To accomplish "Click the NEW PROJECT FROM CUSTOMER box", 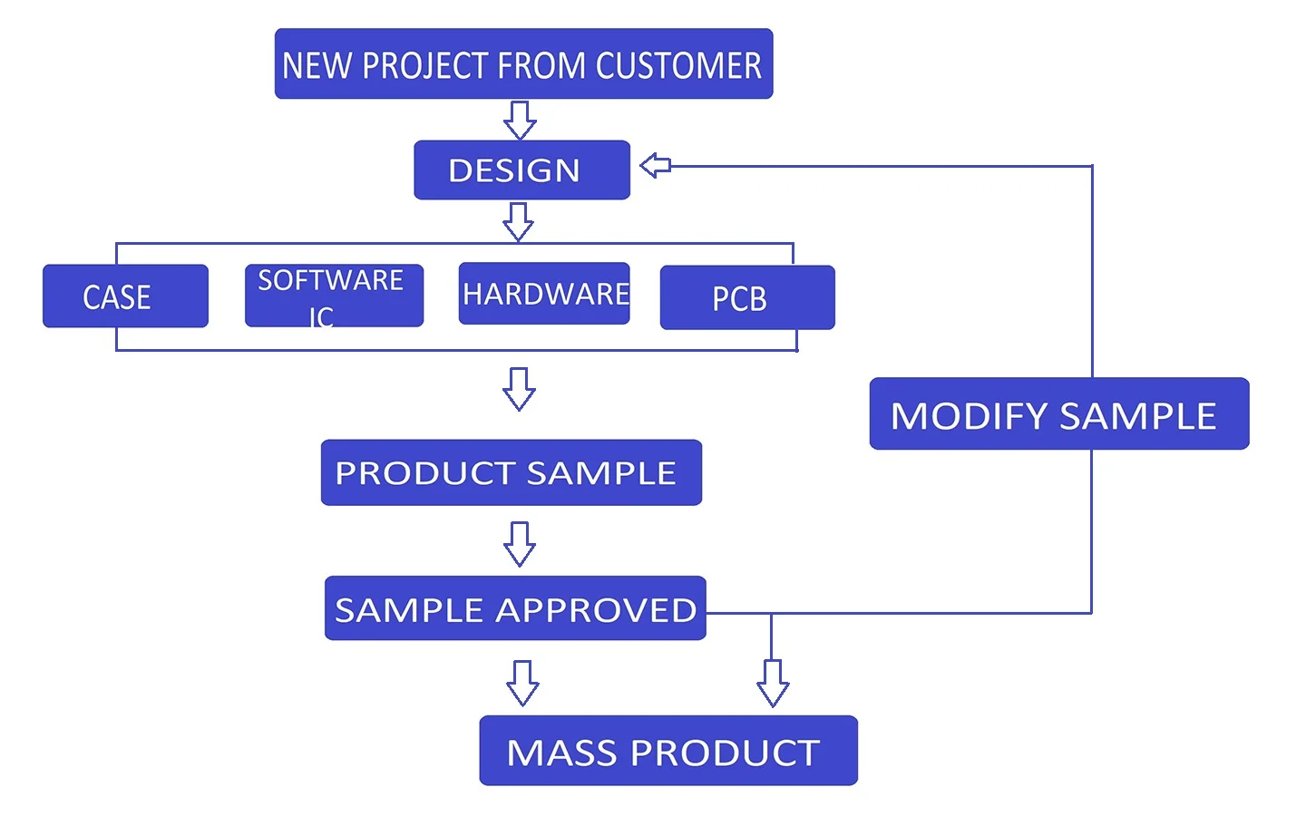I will pos(523,64).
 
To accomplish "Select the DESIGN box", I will pos(521,170).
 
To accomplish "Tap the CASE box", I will pos(125,296).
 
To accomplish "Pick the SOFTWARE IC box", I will pos(334,296).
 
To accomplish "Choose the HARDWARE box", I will pos(544,294).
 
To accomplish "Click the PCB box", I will pos(746,297).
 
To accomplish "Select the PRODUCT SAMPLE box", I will pos(511,472).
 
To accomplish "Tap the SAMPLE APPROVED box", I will pos(515,608).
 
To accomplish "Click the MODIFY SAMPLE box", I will pos(1058,414).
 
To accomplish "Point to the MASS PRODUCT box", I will pos(668,751).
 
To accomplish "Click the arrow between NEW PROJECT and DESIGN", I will pos(520,120).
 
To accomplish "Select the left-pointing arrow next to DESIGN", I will pos(655,165).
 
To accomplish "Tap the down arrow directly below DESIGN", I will pos(518,221).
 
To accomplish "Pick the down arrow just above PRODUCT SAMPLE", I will pos(519,389).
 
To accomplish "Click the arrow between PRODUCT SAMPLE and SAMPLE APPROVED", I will pos(519,543).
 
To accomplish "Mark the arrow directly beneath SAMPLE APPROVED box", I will pos(522,683).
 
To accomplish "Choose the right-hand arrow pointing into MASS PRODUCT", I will pos(773,683).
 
